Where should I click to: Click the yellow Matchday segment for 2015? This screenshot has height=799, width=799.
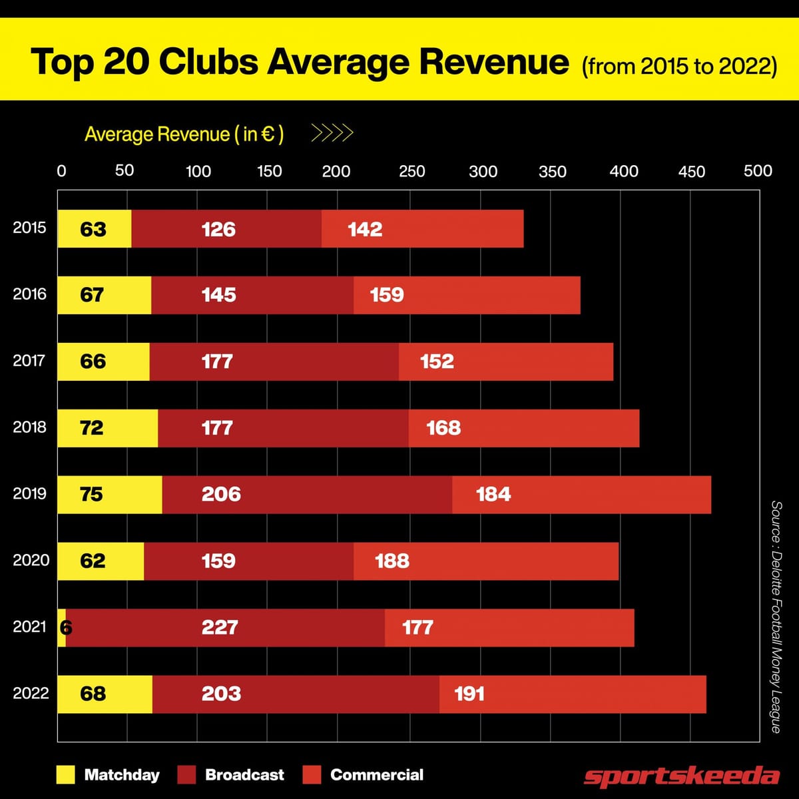pos(94,229)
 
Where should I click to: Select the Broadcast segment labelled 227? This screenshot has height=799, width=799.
pos(225,627)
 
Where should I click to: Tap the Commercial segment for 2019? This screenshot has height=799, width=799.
pos(581,495)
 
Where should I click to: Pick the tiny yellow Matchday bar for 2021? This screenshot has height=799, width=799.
pos(62,627)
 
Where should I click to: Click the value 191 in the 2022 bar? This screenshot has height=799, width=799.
pos(469,694)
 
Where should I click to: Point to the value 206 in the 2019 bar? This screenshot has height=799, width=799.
pos(221,494)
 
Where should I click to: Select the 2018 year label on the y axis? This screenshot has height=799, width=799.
pos(30,427)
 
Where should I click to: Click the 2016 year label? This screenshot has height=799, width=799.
pos(30,294)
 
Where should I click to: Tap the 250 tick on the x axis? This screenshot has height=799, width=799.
pos(411,171)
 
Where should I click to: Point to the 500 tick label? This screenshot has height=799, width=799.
pos(758,171)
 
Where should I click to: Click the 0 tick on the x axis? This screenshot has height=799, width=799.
pos(61,171)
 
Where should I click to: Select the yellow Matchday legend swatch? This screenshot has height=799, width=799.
pos(66,775)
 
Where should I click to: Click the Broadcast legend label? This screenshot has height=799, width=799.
pos(244,775)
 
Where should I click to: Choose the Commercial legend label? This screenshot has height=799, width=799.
pos(377,775)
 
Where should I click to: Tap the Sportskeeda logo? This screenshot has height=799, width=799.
pos(681,776)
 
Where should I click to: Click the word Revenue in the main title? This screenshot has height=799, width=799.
pos(493,62)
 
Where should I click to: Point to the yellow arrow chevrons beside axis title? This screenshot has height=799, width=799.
pos(332,134)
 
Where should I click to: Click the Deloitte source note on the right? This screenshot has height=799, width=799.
pos(776,617)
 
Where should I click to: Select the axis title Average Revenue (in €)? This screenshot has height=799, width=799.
pos(184,134)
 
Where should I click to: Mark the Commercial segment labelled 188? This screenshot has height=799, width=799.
pos(485,561)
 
